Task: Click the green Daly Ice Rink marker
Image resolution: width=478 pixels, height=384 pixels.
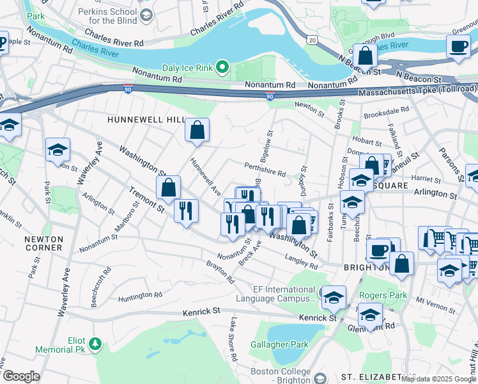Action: point(222,67)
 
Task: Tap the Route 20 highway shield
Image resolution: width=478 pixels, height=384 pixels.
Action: point(312,40)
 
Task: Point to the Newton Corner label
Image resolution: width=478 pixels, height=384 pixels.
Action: point(43,243)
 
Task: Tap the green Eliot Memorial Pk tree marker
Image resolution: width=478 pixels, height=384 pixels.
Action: point(95,345)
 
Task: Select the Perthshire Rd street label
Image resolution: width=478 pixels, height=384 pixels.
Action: point(265,169)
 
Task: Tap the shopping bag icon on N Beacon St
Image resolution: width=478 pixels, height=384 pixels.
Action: point(364,56)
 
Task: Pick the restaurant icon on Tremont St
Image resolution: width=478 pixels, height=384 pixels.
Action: point(185,211)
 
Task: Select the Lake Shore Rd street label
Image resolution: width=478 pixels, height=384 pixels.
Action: point(233,339)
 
